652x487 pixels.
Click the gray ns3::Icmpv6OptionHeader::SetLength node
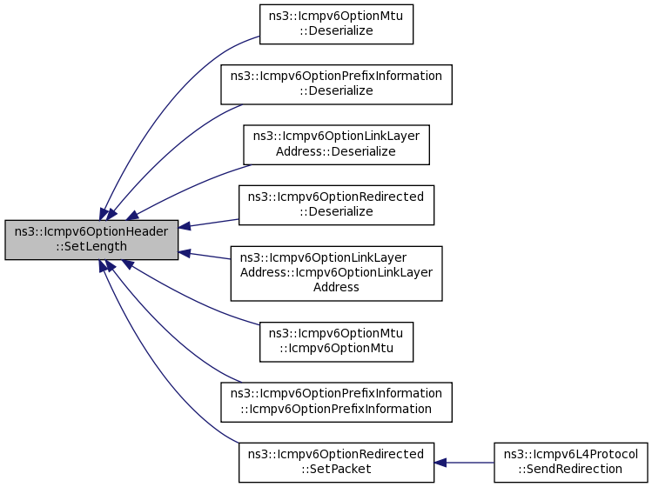pyautogui.click(x=91, y=239)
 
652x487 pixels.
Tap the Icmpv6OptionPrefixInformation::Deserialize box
pyautogui.click(x=336, y=83)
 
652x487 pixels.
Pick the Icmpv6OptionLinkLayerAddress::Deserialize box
pyautogui.click(x=336, y=144)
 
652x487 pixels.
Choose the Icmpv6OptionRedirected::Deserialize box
pyautogui.click(x=336, y=204)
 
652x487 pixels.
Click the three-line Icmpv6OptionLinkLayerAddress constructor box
pyautogui.click(x=336, y=273)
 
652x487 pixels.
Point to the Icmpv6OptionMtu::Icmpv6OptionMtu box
pyautogui.click(x=336, y=341)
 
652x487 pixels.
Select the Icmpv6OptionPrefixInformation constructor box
pyautogui.click(x=336, y=401)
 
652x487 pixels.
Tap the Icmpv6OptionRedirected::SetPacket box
pyautogui.click(x=336, y=462)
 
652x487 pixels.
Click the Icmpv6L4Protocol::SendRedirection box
pyautogui.click(x=569, y=462)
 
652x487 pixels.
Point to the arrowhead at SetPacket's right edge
pyautogui.click(x=440, y=462)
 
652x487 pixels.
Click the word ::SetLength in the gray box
pyautogui.click(x=91, y=246)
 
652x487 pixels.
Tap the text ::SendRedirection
pyautogui.click(x=569, y=469)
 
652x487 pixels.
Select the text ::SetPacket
pyautogui.click(x=336, y=469)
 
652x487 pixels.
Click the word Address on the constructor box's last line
pyautogui.click(x=336, y=287)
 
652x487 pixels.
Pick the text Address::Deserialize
pyautogui.click(x=336, y=151)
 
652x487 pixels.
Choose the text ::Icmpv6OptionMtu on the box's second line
pyautogui.click(x=336, y=348)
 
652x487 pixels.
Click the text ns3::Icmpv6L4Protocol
pyautogui.click(x=569, y=454)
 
